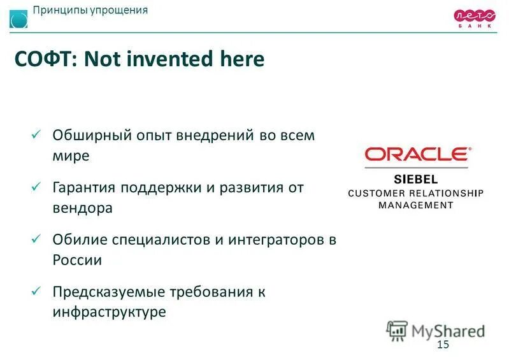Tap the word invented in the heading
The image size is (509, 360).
[x=166, y=60]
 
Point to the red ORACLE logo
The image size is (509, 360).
[x=417, y=154]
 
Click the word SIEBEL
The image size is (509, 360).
[x=416, y=180]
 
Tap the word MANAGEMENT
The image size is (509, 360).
[x=416, y=205]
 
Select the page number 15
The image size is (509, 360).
[x=443, y=345]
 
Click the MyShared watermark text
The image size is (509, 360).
[x=447, y=331]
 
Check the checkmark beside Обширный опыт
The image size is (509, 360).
[x=36, y=135]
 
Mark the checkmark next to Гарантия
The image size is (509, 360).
[x=36, y=188]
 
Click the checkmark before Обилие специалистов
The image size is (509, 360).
[x=36, y=240]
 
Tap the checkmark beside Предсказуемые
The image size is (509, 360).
[x=36, y=292]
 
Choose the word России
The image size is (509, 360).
[x=77, y=260]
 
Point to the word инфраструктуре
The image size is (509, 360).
[x=109, y=312]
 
